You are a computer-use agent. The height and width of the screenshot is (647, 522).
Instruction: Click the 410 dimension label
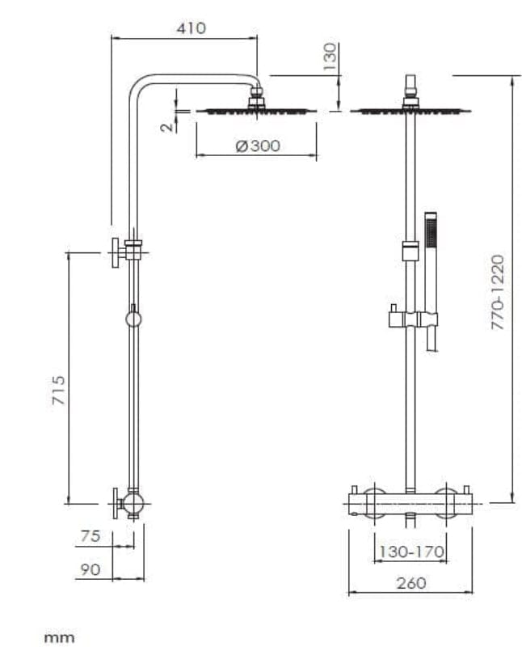(x=191, y=28)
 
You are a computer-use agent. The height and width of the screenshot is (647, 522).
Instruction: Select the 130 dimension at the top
(x=330, y=57)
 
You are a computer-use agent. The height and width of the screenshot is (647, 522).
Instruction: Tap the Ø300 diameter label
(x=257, y=146)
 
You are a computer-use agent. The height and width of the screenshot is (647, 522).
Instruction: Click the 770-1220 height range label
(x=498, y=292)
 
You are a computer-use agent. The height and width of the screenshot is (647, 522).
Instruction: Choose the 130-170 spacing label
(x=412, y=552)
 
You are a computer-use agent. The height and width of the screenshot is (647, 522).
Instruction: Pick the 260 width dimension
(x=411, y=582)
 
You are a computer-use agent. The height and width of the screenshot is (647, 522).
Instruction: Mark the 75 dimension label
(x=90, y=536)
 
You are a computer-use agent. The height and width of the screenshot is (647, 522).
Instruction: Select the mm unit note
(x=59, y=637)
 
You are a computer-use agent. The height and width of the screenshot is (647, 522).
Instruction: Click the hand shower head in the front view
(x=431, y=230)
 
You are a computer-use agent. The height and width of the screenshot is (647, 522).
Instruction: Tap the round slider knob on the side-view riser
(x=133, y=319)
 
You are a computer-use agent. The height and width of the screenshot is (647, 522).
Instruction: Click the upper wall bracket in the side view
(x=129, y=252)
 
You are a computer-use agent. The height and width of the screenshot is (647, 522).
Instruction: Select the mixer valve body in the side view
(x=133, y=504)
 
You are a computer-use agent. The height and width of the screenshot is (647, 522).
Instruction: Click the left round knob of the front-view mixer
(x=373, y=503)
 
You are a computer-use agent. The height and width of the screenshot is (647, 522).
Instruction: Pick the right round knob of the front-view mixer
(x=445, y=503)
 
